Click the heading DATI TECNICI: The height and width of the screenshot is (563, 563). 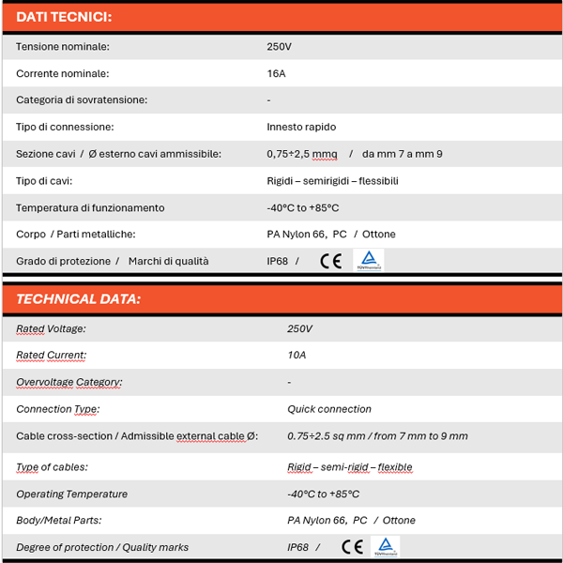click(x=64, y=17)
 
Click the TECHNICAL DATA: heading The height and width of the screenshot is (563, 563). click(x=79, y=299)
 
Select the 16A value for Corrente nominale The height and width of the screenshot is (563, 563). click(x=277, y=73)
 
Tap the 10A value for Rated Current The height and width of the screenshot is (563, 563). click(x=297, y=356)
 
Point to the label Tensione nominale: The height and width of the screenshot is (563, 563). click(x=63, y=46)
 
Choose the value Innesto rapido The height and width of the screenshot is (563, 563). click(x=301, y=127)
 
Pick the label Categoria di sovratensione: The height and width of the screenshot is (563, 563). click(x=82, y=99)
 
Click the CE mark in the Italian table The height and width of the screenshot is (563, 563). click(x=330, y=261)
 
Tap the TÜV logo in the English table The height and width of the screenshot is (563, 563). click(x=385, y=546)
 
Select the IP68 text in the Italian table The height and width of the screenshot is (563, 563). click(x=278, y=261)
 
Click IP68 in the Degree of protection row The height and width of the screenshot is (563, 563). click(x=297, y=547)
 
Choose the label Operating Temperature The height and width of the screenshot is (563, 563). click(x=71, y=494)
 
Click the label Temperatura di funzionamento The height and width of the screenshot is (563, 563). click(x=90, y=207)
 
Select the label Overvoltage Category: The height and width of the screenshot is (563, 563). click(x=68, y=383)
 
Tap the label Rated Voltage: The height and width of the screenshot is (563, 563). click(x=51, y=328)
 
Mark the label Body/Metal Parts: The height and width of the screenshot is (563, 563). click(x=58, y=520)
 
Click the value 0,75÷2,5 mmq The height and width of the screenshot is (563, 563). click(x=301, y=154)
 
